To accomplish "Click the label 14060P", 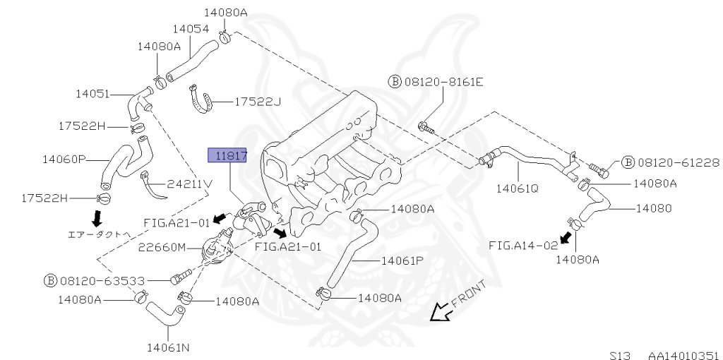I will [x=64, y=160].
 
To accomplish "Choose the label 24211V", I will [x=189, y=185].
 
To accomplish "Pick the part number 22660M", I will [x=162, y=247].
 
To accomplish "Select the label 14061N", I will [x=168, y=347].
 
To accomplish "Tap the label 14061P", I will [x=402, y=260].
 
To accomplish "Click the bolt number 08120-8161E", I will [x=443, y=82].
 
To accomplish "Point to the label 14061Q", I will [x=517, y=188].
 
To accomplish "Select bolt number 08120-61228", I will [x=678, y=163].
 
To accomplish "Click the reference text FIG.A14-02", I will [x=523, y=245].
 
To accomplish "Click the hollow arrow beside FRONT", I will [x=441, y=311].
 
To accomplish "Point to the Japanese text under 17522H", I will [x=97, y=234].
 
